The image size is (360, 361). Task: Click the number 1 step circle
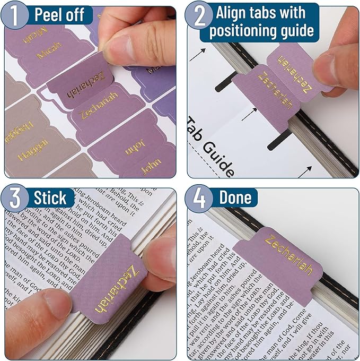16,15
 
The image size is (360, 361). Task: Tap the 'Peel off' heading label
59,15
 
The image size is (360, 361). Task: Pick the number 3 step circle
16,197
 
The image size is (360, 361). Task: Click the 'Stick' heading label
51,198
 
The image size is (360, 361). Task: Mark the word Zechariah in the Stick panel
117,289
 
